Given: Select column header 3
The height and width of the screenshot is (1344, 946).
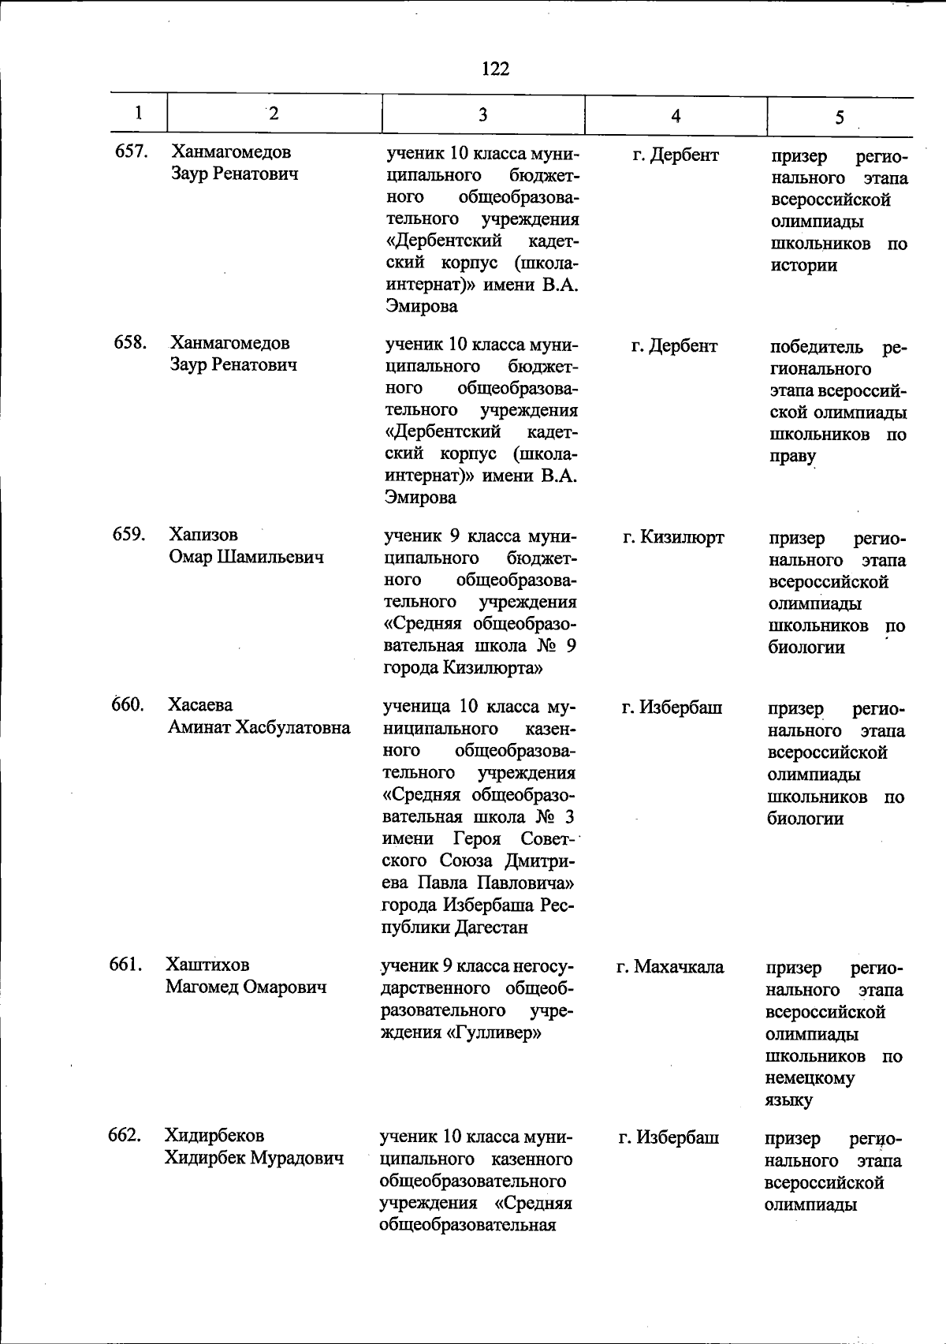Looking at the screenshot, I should (482, 115).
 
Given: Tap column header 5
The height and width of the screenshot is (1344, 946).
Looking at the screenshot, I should (840, 118).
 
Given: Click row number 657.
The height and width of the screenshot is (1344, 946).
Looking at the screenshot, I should (132, 151).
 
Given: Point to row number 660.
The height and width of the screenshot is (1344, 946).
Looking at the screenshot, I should (127, 704).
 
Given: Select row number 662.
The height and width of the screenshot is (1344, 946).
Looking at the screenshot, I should (125, 1135).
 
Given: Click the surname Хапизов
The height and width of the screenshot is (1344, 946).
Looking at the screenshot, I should (203, 535).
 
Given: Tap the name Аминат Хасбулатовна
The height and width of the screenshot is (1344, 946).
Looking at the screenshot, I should (259, 727).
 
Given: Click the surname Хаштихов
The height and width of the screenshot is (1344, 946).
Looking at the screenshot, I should (207, 965).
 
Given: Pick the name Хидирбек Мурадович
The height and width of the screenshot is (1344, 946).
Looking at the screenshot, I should (254, 1158).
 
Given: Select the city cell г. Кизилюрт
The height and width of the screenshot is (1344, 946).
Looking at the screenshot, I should (672, 538).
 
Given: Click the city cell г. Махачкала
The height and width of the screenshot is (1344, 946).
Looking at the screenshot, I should (670, 967).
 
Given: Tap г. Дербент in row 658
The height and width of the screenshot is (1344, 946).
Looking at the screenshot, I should (674, 345).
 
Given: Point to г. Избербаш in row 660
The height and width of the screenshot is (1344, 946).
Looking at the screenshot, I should (671, 707).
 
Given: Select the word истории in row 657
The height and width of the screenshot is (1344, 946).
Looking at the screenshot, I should (803, 266).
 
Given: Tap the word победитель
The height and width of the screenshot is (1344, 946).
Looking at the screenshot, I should (815, 347).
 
